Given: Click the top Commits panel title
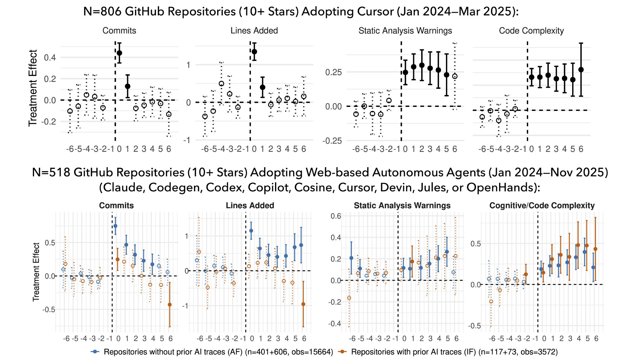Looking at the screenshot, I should (x=119, y=31).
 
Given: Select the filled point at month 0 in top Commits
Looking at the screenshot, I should (x=119, y=53).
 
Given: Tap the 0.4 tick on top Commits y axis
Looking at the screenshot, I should (x=50, y=57).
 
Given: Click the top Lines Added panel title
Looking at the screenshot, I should (x=254, y=31).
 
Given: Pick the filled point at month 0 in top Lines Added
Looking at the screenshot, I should (x=254, y=52).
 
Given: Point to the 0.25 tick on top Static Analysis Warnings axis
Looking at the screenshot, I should (x=333, y=72).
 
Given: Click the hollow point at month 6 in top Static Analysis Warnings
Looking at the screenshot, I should (x=455, y=76).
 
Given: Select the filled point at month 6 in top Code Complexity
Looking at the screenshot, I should (x=581, y=70).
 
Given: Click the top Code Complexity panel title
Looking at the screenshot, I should (x=531, y=31).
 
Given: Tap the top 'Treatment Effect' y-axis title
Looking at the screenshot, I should (x=33, y=88).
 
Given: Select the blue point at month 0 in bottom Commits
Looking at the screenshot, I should (x=115, y=226).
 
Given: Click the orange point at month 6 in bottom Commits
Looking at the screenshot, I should (x=170, y=304).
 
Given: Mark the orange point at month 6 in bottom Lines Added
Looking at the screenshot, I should (x=303, y=304).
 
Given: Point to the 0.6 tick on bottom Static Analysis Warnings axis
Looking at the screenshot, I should (x=336, y=216).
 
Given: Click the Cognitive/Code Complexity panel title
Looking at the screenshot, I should (x=542, y=206).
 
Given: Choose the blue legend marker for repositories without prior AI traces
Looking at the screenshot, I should (x=95, y=352).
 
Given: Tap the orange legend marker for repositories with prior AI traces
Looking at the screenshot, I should (x=342, y=352).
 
